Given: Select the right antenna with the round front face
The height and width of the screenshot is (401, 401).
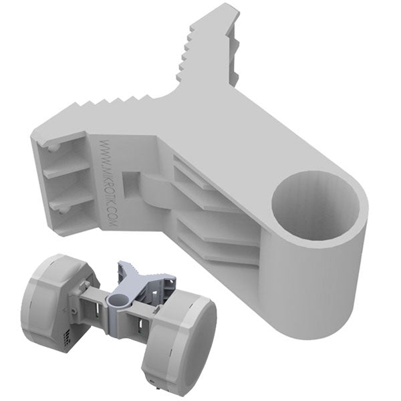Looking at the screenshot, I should pyautogui.click(x=180, y=338).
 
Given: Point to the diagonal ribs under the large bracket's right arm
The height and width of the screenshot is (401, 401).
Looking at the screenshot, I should pyautogui.click(x=214, y=214).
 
